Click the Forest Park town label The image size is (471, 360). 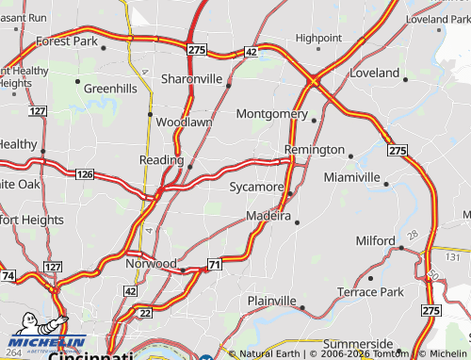coord(67,41)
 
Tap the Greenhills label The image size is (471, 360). coord(110,89)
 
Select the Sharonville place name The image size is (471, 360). coord(191,79)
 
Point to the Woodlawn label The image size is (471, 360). coord(184,123)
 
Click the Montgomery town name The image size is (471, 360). coord(271,114)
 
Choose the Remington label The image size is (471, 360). coord(315,150)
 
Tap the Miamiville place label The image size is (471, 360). coord(351,177)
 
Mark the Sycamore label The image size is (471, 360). coord(256,188)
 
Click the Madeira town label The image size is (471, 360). coord(267,217)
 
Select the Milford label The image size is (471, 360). coord(376,241)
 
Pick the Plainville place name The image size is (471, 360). coord(271,301)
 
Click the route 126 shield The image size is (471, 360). coord(85,174)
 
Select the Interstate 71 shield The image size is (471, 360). coord(215,266)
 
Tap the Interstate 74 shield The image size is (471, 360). coord(8,276)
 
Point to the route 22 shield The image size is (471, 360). coord(145,313)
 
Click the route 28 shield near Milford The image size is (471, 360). coord(412,233)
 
